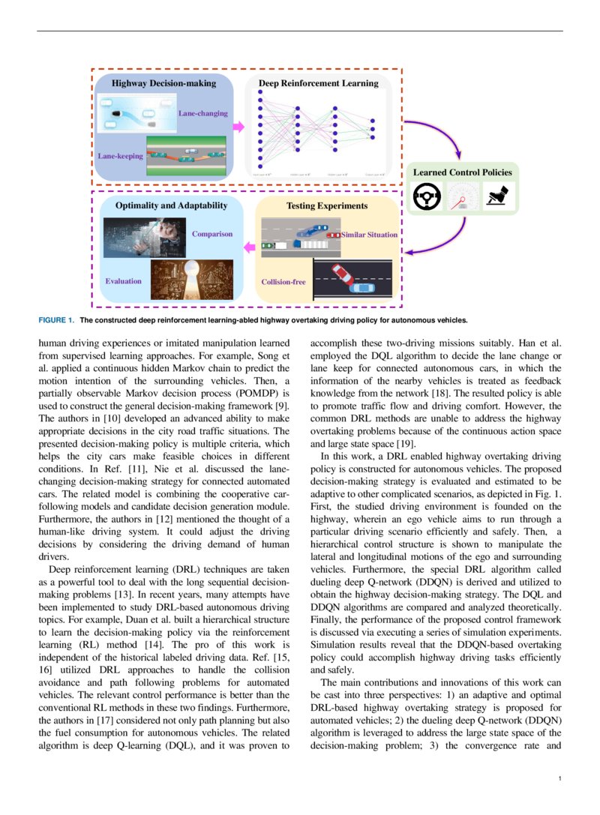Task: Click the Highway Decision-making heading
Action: [163, 83]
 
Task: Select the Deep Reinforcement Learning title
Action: [319, 83]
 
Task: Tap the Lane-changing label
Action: [202, 113]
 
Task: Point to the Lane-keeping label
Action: [121, 156]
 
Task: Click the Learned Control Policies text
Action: [463, 172]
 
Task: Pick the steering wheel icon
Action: [427, 198]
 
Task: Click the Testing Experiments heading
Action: [327, 205]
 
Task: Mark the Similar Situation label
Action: [370, 235]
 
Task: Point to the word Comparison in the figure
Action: [212, 234]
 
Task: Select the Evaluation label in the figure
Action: [123, 281]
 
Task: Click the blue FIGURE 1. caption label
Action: [56, 319]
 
